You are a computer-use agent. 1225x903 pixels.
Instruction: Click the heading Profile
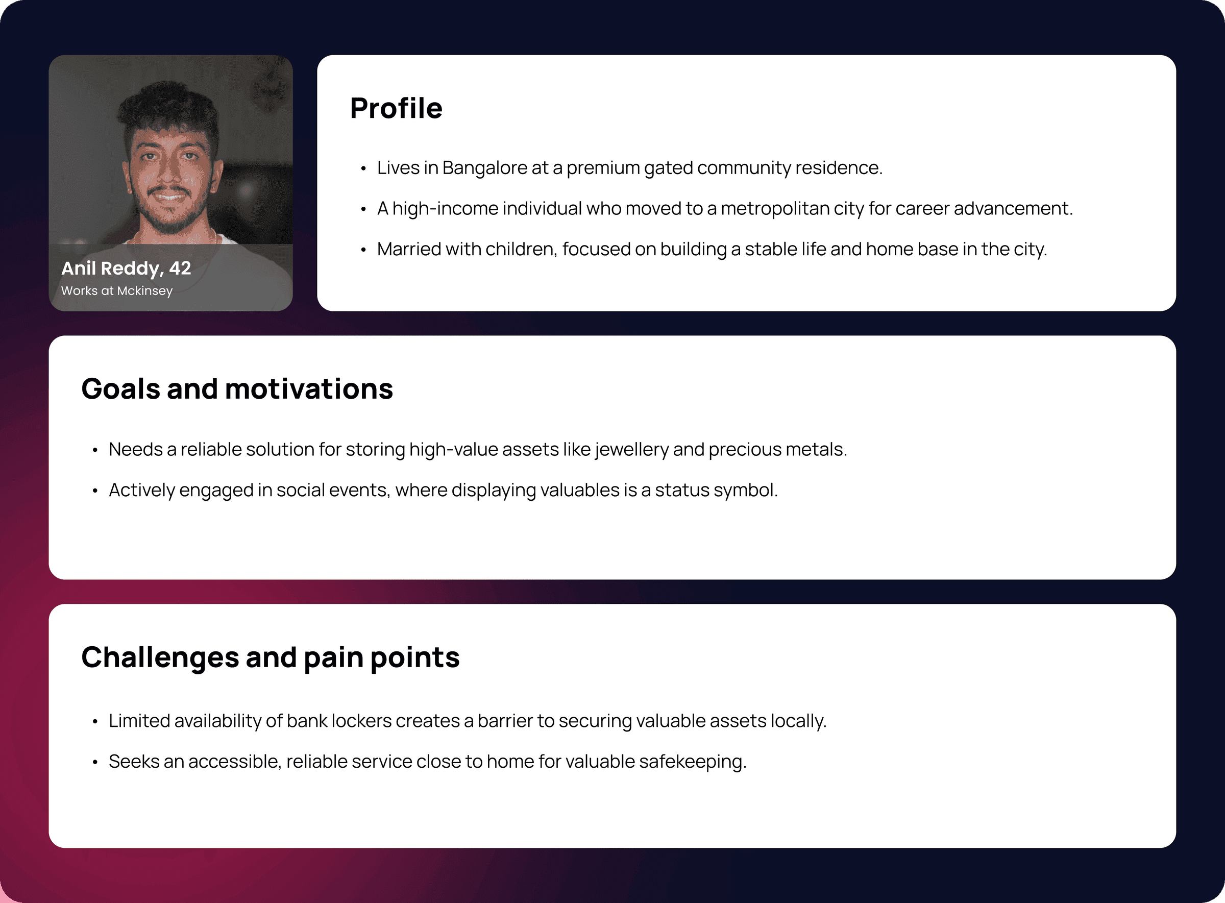(x=396, y=108)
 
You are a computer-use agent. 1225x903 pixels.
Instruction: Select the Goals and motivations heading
(x=237, y=388)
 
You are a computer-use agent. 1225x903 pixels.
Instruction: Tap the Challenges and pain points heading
(x=270, y=657)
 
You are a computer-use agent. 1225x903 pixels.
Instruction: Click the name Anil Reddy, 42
(x=126, y=269)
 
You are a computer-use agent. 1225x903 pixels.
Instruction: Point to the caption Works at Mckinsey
(x=116, y=291)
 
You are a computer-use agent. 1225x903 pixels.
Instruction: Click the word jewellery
(x=632, y=450)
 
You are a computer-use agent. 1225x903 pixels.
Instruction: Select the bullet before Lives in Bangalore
(x=363, y=169)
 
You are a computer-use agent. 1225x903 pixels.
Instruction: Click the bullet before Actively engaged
(x=95, y=491)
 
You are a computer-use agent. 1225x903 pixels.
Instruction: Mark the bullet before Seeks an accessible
(x=95, y=763)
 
